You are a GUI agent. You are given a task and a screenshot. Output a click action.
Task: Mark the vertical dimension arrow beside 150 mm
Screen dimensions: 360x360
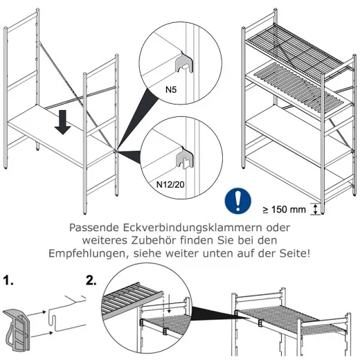tap(317, 208)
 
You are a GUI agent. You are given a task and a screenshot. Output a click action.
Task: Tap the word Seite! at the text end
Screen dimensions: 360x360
tap(291, 253)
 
